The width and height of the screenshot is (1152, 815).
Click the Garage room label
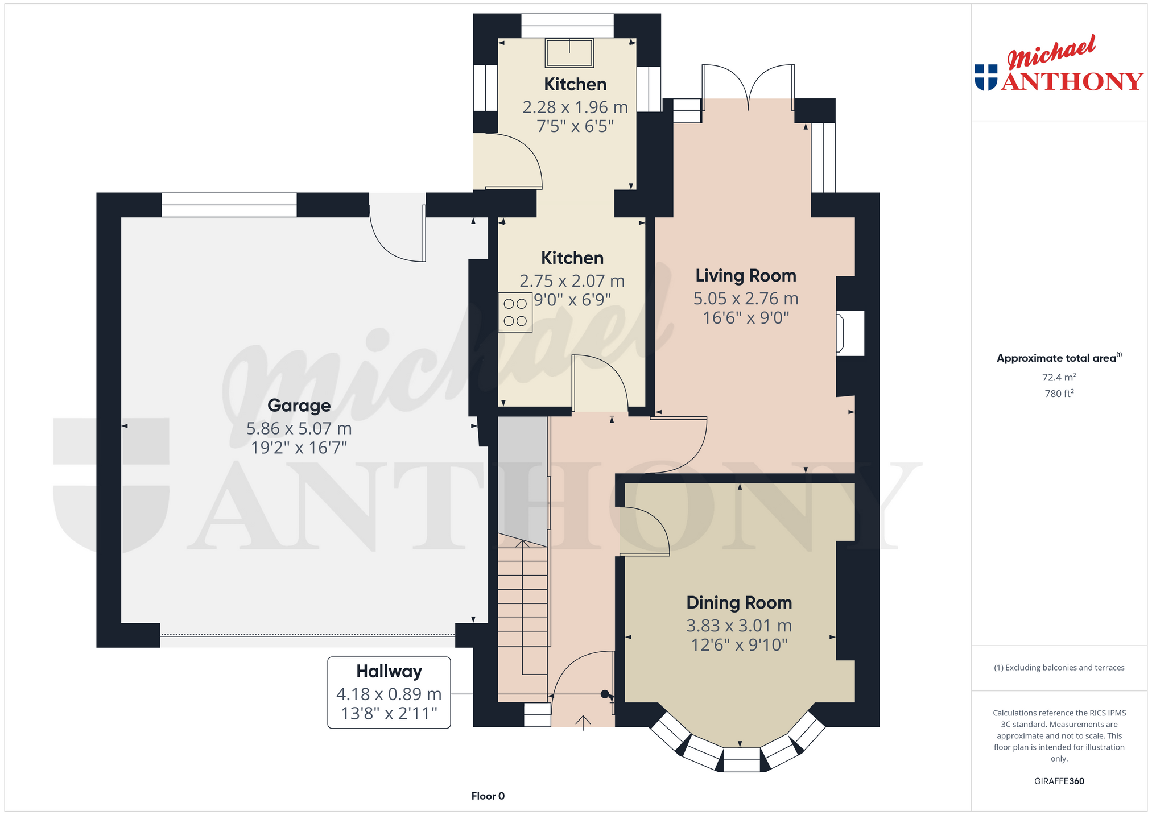coord(299,406)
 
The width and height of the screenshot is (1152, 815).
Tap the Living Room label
coord(746,276)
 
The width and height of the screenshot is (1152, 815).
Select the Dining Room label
coord(739,603)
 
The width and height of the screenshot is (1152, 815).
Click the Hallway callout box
coord(389,692)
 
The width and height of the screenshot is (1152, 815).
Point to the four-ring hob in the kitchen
coord(515,312)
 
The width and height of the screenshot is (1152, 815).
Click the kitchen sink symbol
coord(569,53)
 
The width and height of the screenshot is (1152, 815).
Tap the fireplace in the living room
coord(850,333)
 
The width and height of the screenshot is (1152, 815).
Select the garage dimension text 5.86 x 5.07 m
coord(299,428)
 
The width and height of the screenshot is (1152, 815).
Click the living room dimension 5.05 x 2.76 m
coord(746,299)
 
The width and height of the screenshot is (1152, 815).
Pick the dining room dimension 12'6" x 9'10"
coord(739,645)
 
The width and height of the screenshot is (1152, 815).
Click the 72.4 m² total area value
coord(1059,377)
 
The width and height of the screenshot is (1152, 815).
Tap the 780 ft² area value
coord(1059,393)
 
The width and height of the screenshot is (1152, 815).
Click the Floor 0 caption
coord(488,796)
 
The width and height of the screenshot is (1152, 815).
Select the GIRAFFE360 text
coord(1059,781)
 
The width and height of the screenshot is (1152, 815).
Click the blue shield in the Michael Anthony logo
coord(986,77)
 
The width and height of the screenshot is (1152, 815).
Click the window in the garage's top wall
coord(229,205)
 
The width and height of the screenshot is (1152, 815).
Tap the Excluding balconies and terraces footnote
coord(1059,668)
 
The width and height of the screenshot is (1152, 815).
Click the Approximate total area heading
coord(1059,358)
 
